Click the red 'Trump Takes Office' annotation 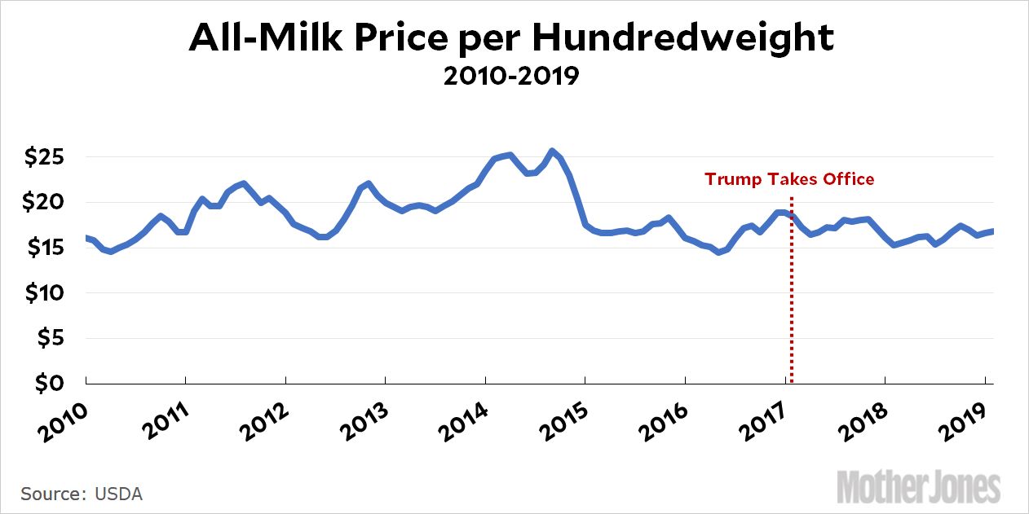click(x=789, y=179)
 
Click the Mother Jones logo click(x=918, y=487)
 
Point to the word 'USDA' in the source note click(x=119, y=494)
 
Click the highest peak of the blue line click(x=552, y=151)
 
